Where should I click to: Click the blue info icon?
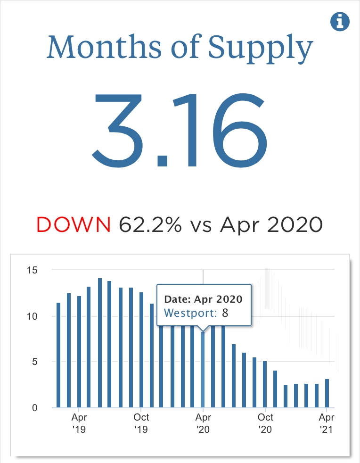coord(340,22)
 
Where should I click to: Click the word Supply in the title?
coord(261,47)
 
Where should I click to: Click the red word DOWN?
coord(74,225)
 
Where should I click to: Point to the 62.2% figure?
coord(150,225)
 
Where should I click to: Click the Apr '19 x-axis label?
coord(79,423)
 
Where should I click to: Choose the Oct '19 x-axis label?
coord(141,423)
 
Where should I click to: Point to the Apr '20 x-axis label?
coord(203,423)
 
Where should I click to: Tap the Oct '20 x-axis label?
coord(265,423)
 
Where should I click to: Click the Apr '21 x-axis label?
coord(327,423)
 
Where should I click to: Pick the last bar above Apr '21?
coord(327,393)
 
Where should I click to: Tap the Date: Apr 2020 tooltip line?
coord(203,299)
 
